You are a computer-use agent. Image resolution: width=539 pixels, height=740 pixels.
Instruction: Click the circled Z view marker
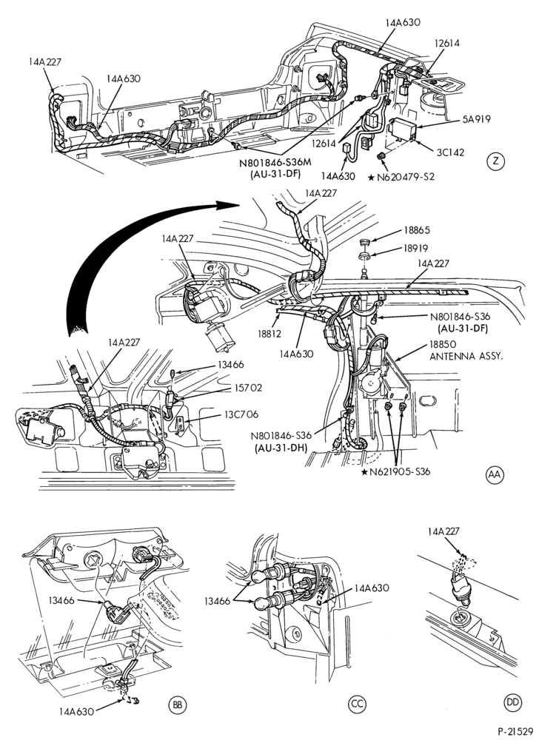495,161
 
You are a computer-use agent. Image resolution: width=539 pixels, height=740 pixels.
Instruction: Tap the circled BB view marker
178,704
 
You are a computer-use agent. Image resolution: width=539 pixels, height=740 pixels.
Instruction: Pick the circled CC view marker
358,704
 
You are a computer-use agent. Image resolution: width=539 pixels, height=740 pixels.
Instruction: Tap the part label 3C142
450,152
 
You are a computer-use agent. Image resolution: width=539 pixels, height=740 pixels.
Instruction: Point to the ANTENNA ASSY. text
466,356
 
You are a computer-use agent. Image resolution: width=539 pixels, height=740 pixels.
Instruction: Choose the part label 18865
417,231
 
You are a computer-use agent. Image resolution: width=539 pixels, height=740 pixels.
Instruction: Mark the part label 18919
417,248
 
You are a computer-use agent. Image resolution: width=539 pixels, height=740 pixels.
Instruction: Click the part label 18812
269,334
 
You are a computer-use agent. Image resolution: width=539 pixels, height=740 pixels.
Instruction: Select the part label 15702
248,388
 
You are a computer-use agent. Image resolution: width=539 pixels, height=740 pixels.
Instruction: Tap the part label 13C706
242,414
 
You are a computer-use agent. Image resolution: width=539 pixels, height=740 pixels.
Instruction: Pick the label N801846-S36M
275,164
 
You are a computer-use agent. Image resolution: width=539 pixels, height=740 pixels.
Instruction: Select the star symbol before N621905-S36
364,471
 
